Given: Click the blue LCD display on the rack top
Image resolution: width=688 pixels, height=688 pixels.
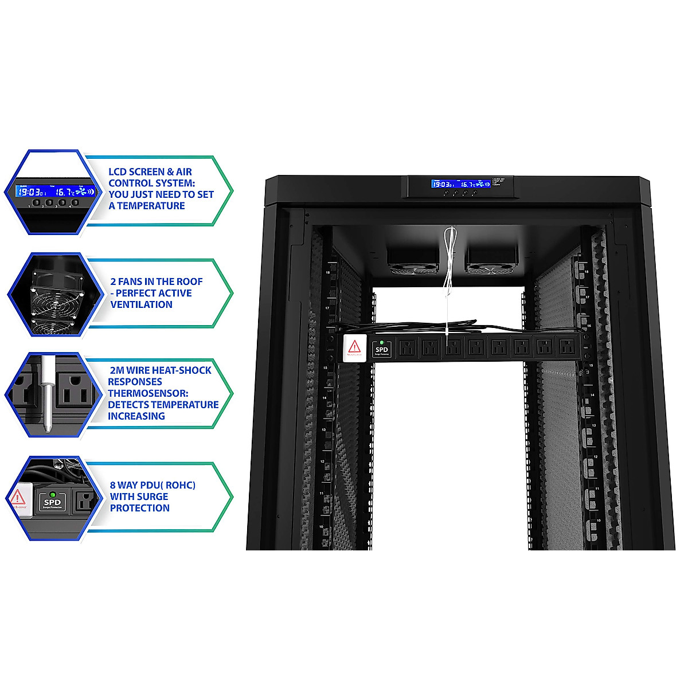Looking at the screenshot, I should [460, 183].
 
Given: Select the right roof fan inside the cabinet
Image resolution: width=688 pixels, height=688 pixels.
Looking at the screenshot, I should [491, 261].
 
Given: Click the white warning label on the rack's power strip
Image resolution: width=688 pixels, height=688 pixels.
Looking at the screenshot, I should [354, 348].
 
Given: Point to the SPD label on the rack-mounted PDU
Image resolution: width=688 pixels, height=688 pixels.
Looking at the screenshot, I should [381, 349].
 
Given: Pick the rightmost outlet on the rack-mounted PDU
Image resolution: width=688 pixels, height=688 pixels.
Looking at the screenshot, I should [567, 347].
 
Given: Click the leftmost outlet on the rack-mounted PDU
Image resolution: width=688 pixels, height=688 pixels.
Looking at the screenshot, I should [406, 347].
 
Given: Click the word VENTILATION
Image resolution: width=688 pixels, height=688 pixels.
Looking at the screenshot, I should [141, 304].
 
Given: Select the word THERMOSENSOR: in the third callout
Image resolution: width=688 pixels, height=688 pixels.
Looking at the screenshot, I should [148, 393].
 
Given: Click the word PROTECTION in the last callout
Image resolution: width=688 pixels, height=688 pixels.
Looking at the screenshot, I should [140, 508].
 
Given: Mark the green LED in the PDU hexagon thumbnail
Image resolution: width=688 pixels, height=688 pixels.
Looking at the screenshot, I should [52, 494].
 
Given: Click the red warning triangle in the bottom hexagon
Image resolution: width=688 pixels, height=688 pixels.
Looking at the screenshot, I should [18, 497].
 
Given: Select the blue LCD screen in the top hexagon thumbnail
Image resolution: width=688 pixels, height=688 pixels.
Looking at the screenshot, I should [55, 191].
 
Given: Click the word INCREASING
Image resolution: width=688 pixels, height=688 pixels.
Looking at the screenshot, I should [136, 416].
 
